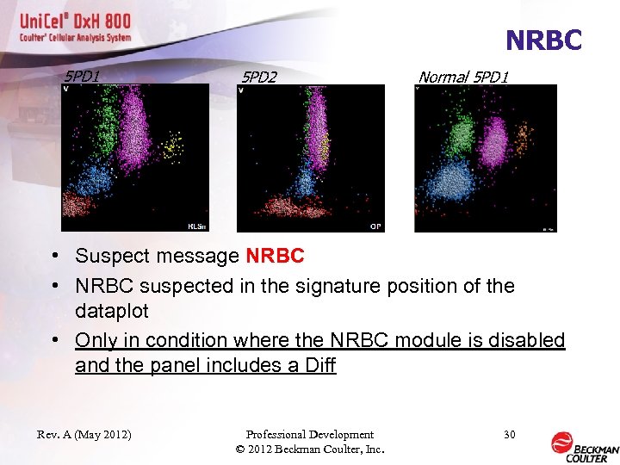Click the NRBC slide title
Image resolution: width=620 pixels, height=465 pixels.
pyautogui.click(x=543, y=40)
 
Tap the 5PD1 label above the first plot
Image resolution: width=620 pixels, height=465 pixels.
pyautogui.click(x=83, y=77)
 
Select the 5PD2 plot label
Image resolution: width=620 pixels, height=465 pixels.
pyautogui.click(x=258, y=77)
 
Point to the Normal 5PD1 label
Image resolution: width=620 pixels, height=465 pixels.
pyautogui.click(x=462, y=77)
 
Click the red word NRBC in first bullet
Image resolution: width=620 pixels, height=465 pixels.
pyautogui.click(x=275, y=256)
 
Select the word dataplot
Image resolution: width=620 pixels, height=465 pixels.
pyautogui.click(x=111, y=310)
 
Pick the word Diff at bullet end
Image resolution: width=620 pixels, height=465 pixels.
pyautogui.click(x=320, y=365)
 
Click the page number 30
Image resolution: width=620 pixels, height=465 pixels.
pyautogui.click(x=509, y=435)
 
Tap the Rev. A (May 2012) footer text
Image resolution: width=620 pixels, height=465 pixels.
pyautogui.click(x=84, y=435)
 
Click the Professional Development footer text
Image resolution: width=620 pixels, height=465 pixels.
pyautogui.click(x=309, y=435)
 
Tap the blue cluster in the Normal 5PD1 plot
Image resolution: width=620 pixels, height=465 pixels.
pyautogui.click(x=449, y=181)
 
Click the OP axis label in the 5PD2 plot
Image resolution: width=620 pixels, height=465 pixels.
pyautogui.click(x=375, y=226)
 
